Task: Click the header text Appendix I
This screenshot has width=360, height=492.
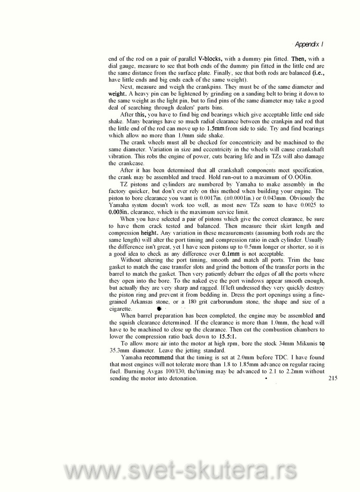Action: (x=309, y=44)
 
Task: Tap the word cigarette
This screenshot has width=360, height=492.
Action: (x=120, y=308)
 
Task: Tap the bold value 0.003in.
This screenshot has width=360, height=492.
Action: (x=118, y=212)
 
